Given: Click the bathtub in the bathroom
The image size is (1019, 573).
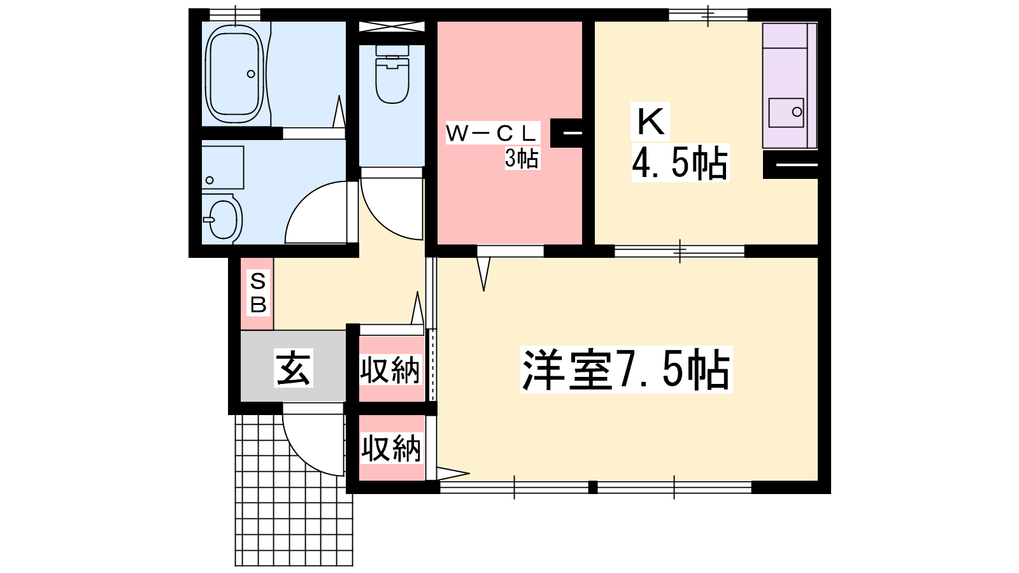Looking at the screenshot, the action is coord(235,74).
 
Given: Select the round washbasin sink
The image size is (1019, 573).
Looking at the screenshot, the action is coord(222,218).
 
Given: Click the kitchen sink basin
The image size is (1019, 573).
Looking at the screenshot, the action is coord(786,113).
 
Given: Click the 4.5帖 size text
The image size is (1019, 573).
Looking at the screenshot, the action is coord(680,163).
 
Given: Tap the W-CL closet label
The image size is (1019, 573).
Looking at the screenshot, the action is coord(490,133).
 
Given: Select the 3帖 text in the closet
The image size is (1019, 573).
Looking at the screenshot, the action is coord(522,159).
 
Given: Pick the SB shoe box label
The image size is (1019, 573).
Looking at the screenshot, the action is coord(258,292).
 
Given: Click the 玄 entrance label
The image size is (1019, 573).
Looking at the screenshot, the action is coord(294,367).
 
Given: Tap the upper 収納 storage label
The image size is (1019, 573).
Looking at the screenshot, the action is coord(390,370).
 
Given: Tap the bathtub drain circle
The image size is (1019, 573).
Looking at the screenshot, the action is coord(251,74).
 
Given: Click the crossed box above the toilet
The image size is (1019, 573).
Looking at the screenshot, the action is coord(392,26).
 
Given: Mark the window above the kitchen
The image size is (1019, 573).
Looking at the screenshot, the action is coord(708,15).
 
